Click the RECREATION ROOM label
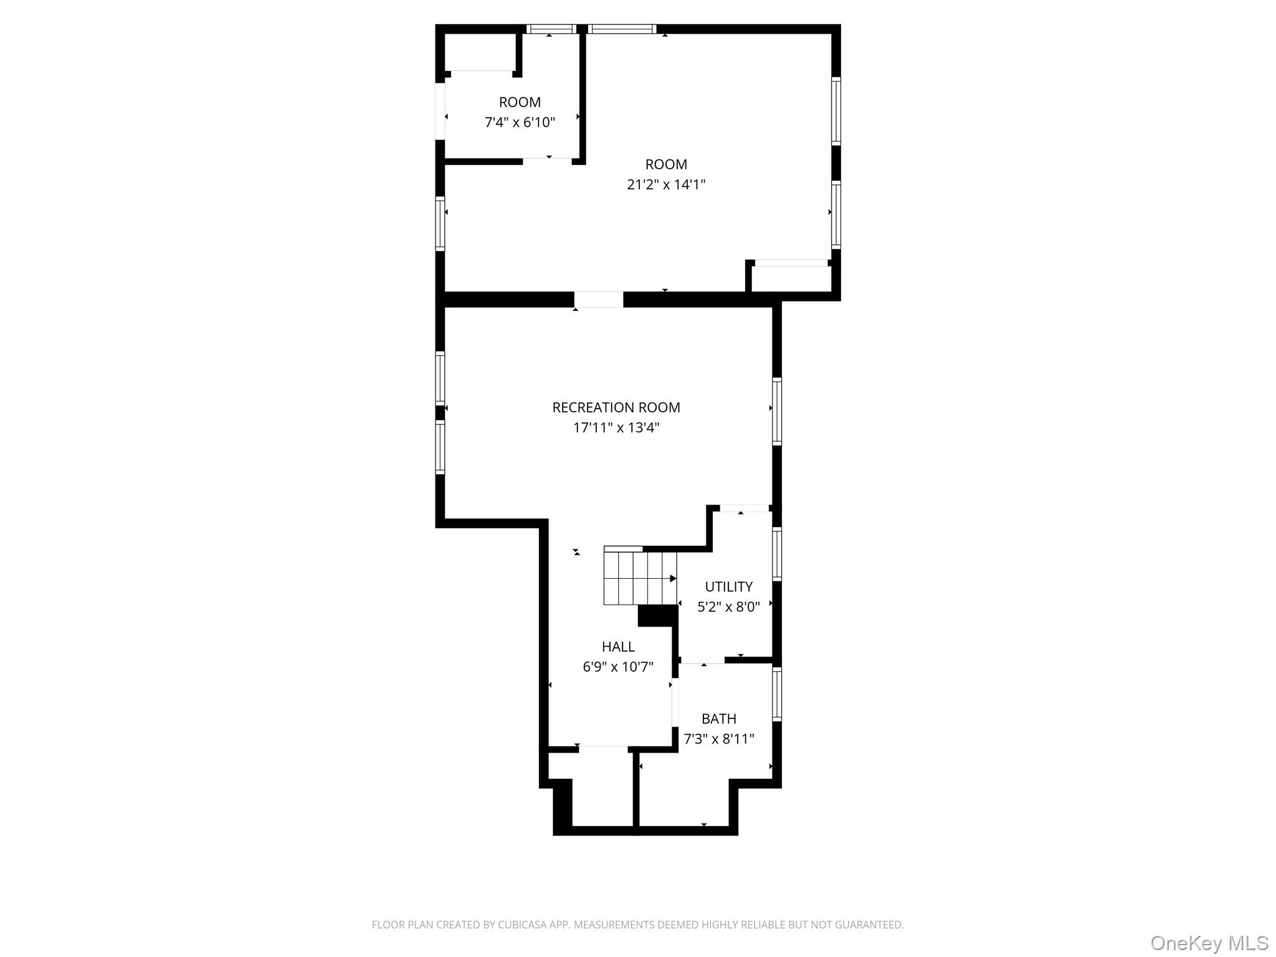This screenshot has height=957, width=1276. coord(616,407)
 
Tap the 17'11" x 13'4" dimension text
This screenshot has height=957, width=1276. coord(616,427)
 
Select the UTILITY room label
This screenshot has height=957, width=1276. coord(728,586)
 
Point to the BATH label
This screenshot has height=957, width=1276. coord(719,718)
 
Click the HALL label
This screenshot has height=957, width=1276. coord(618,647)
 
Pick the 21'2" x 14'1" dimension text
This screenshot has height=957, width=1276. coord(666,184)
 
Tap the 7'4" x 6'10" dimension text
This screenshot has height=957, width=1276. coord(520,122)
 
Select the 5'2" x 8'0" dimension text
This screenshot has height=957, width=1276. coord(728,607)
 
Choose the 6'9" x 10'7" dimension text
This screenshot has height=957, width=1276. coord(618,667)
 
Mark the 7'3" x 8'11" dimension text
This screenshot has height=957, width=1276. coord(719,739)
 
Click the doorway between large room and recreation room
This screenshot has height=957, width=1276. coord(598,300)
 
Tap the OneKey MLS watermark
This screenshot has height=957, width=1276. coord(1209,943)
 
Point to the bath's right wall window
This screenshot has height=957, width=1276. coord(777,694)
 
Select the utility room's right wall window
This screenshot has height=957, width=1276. coord(777,554)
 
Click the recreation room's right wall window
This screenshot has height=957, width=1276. coord(777,411)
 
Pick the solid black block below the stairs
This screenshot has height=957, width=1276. coord(657,616)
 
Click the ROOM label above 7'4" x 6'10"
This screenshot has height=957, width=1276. coord(520,102)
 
